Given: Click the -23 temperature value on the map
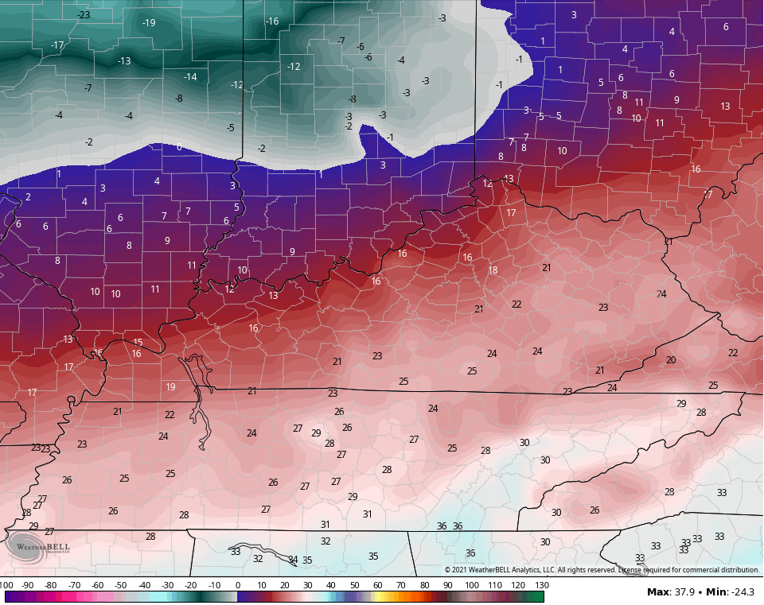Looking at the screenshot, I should click(84, 15).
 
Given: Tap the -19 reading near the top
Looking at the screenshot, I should click(149, 22).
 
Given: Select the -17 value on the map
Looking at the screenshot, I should click(57, 45).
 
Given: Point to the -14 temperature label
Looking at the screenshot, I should click(190, 77).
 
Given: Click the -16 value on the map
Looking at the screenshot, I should click(272, 21).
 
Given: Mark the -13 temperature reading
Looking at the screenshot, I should click(124, 61).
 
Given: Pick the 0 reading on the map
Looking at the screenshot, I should click(179, 147).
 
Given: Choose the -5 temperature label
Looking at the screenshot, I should click(230, 128).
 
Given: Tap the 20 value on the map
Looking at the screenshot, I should click(671, 360).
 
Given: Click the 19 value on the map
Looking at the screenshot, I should click(170, 387).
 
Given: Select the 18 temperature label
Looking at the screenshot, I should click(493, 270).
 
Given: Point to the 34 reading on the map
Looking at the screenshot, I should click(293, 560).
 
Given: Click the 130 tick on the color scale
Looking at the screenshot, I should click(541, 585).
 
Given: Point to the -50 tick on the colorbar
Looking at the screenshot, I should click(121, 585).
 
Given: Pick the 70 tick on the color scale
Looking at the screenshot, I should click(401, 585).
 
